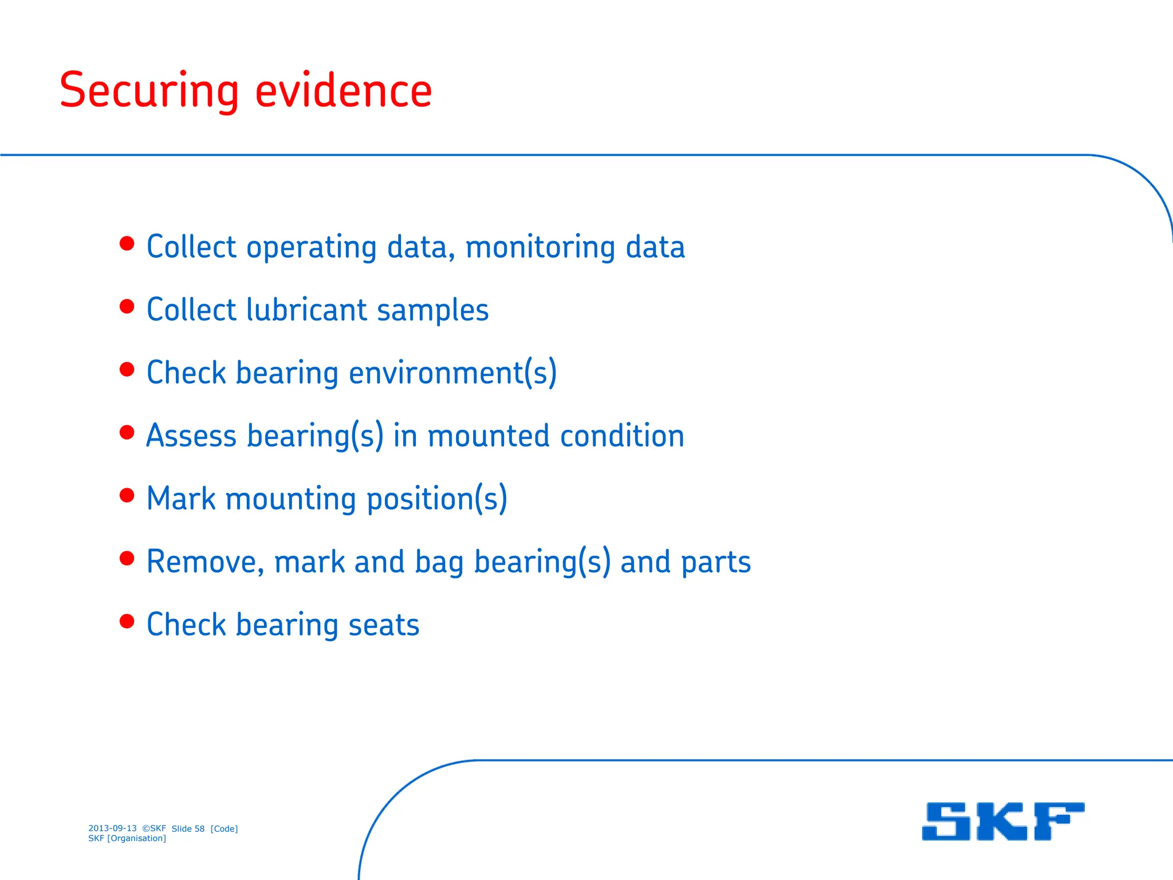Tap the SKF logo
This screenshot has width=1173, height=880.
(x=1003, y=821)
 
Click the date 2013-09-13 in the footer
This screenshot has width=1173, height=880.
(x=112, y=828)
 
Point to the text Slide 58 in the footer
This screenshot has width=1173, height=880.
(x=188, y=828)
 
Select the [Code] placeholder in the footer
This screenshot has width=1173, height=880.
(x=224, y=828)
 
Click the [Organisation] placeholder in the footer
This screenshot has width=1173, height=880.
(x=136, y=838)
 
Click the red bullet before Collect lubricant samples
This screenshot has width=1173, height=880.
(x=127, y=307)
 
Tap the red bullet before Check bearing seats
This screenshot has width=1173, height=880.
(x=127, y=622)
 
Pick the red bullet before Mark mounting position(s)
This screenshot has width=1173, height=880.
(x=127, y=496)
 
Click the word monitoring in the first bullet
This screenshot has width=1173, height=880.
(x=540, y=247)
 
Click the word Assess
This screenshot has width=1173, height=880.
(x=191, y=436)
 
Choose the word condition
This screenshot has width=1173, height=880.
(x=622, y=436)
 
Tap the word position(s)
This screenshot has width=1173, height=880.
(x=436, y=499)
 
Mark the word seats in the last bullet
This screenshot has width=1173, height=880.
(x=384, y=625)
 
